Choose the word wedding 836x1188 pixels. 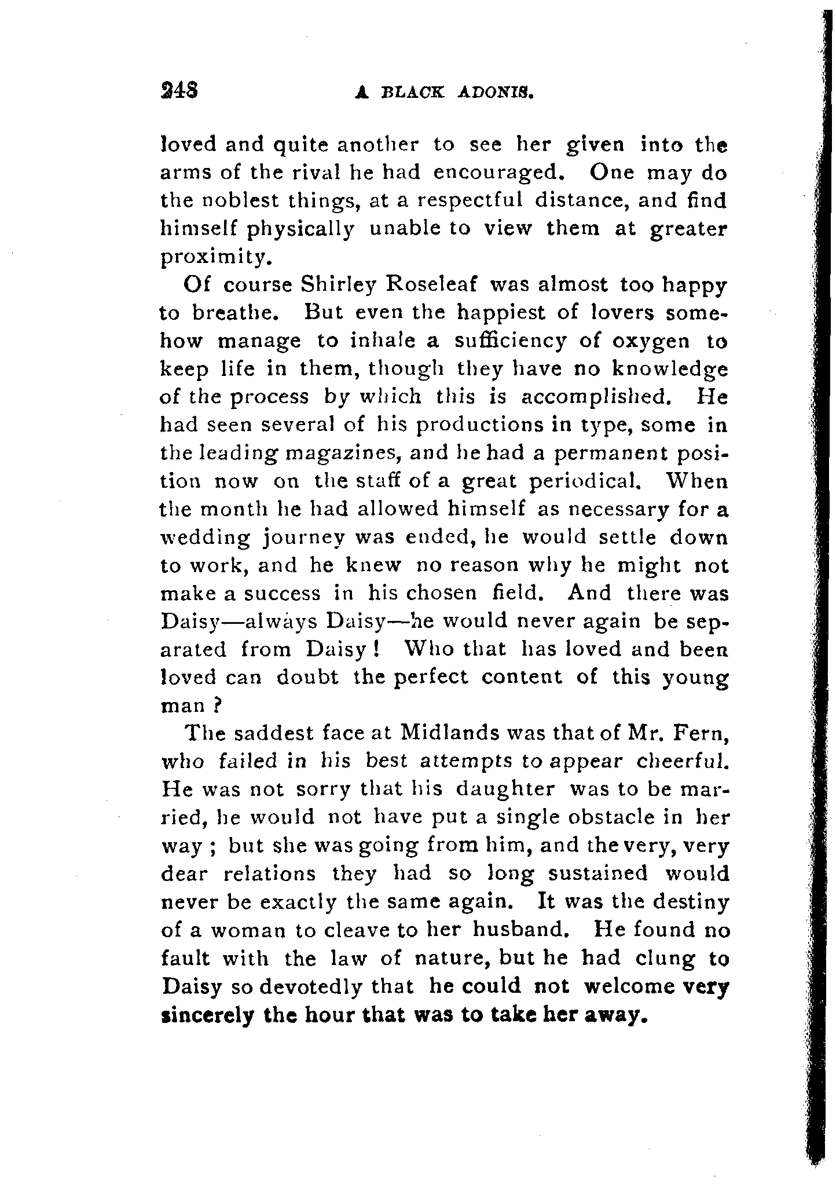pyautogui.click(x=206, y=539)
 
